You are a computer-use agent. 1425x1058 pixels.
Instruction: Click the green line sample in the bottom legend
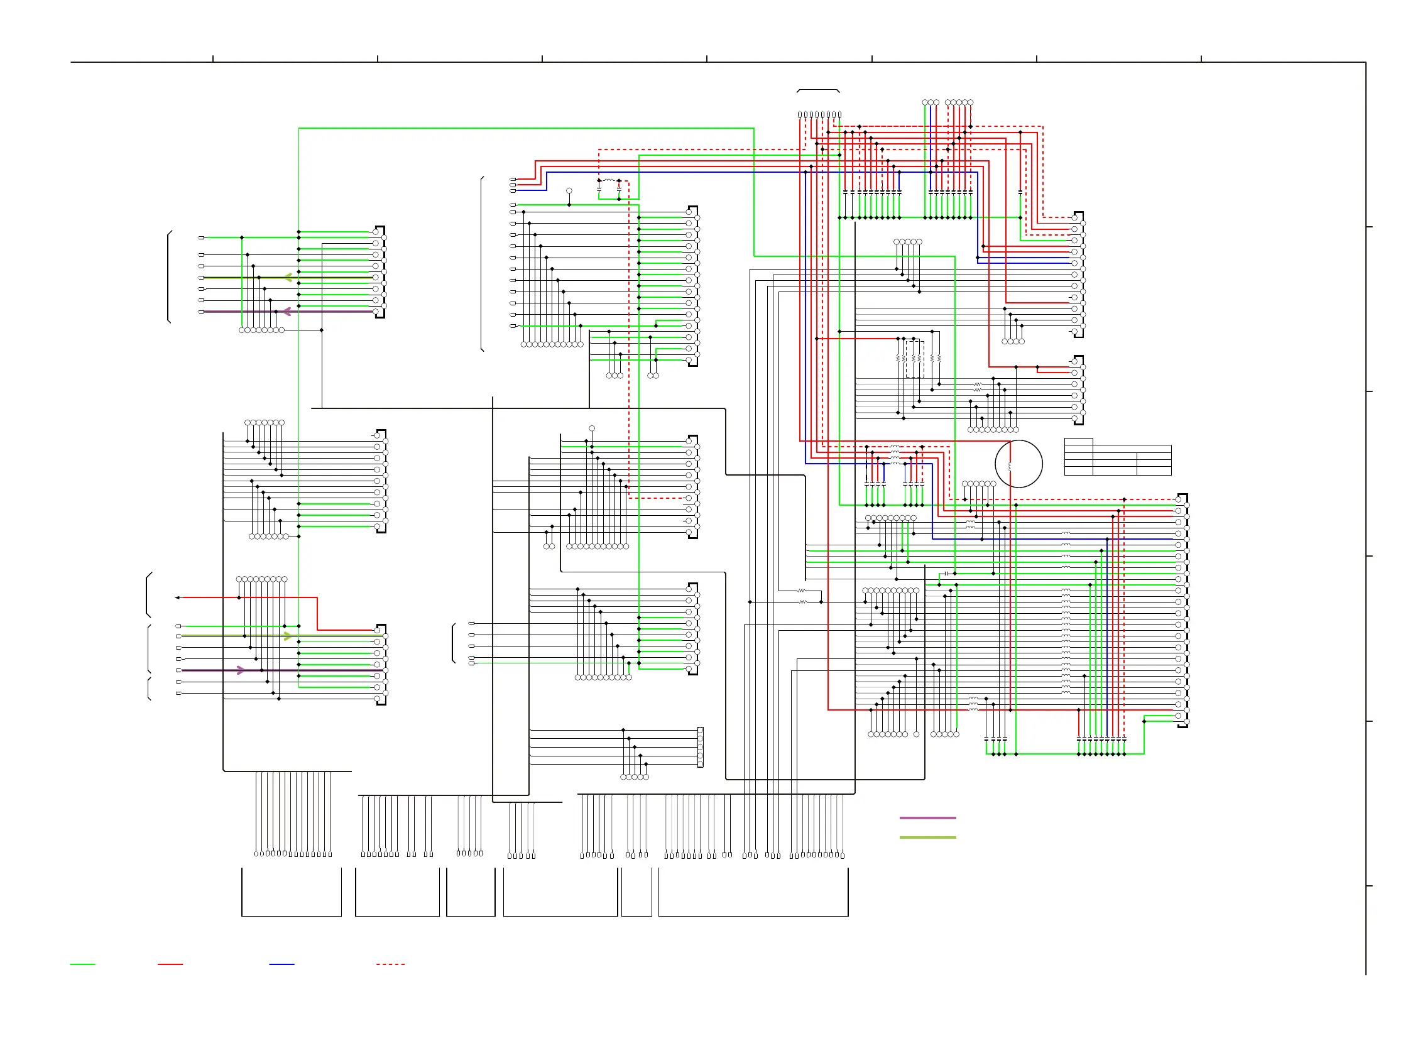pyautogui.click(x=82, y=964)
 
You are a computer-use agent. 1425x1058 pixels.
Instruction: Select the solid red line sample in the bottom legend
pyautogui.click(x=170, y=964)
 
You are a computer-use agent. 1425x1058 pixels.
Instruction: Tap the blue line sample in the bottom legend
pyautogui.click(x=282, y=964)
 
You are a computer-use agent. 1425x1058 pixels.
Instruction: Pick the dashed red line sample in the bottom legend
pyautogui.click(x=391, y=964)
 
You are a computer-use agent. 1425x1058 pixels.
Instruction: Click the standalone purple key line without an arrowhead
pyautogui.click(x=927, y=818)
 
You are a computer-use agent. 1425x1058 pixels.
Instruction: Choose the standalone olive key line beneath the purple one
pyautogui.click(x=927, y=837)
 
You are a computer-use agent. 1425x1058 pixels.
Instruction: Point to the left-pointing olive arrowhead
pyautogui.click(x=288, y=277)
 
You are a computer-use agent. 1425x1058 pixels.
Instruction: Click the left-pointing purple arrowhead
pyautogui.click(x=287, y=311)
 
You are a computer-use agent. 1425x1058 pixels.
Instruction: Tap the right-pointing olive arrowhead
pyautogui.click(x=288, y=636)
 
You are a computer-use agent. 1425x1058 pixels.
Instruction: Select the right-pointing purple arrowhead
pyautogui.click(x=241, y=670)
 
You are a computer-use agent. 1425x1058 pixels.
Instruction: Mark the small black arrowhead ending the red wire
pyautogui.click(x=177, y=597)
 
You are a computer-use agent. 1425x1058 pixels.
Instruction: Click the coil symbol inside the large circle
pyautogui.click(x=1010, y=467)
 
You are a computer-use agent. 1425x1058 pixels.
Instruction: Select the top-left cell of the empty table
pyautogui.click(x=1079, y=441)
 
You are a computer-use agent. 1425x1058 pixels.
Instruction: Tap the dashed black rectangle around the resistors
pyautogui.click(x=915, y=359)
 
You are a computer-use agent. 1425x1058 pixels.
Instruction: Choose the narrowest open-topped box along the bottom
pyautogui.click(x=636, y=893)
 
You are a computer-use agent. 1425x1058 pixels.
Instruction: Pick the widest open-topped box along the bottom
pyautogui.click(x=753, y=893)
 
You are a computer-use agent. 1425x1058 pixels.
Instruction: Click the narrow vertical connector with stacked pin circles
pyautogui.click(x=700, y=748)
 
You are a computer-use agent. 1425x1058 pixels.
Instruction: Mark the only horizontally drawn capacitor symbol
pyautogui.click(x=947, y=574)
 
